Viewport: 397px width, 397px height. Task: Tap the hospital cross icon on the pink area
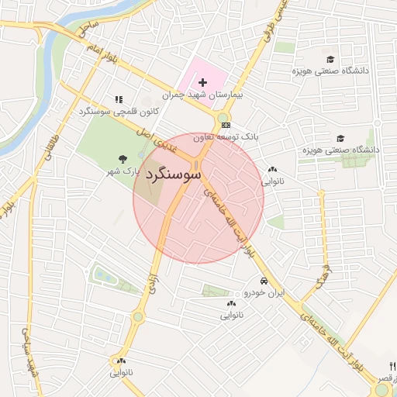click(x=203, y=82)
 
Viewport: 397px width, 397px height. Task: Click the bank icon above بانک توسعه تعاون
click(x=226, y=125)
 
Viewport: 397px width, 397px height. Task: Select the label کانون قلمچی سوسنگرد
click(x=119, y=112)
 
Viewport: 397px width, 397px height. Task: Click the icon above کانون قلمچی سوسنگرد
click(x=119, y=99)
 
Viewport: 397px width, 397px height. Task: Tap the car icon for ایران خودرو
click(x=264, y=281)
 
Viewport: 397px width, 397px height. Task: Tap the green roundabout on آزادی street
click(x=138, y=316)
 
